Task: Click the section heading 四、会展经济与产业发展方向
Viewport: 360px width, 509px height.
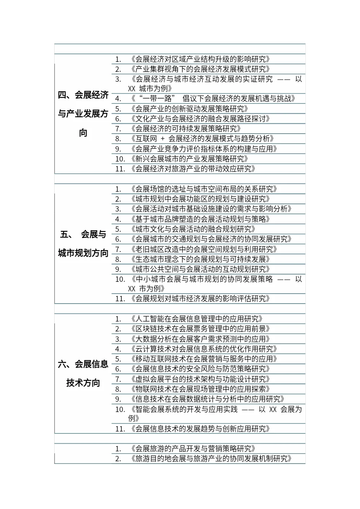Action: click(83, 114)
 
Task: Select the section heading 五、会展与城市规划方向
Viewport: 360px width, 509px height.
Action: click(83, 244)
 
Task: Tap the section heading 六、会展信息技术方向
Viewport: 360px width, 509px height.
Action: click(83, 373)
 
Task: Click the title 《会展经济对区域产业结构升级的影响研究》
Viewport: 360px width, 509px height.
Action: click(200, 59)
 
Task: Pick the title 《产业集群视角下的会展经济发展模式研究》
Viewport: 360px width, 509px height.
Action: click(200, 69)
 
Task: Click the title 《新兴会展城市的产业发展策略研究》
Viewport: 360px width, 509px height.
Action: click(189, 159)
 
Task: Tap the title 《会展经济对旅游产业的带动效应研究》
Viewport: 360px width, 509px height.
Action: click(193, 169)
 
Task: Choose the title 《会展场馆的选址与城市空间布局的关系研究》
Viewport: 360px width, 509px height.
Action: click(203, 189)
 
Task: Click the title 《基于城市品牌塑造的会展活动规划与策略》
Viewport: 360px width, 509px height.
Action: click(200, 219)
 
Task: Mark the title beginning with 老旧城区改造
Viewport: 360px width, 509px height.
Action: click(203, 249)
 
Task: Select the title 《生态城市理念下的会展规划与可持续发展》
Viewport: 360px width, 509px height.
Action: click(200, 259)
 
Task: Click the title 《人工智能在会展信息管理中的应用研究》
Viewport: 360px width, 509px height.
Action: click(196, 319)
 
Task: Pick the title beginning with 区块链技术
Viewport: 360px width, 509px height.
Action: click(200, 329)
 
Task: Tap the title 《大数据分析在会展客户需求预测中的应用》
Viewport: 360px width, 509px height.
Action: click(200, 339)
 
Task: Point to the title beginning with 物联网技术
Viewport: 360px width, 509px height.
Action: click(200, 389)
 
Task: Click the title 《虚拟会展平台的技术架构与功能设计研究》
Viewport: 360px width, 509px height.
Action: click(200, 379)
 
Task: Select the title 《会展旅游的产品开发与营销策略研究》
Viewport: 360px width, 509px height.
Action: click(193, 449)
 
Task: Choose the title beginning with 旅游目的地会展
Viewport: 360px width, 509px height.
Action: click(211, 459)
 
